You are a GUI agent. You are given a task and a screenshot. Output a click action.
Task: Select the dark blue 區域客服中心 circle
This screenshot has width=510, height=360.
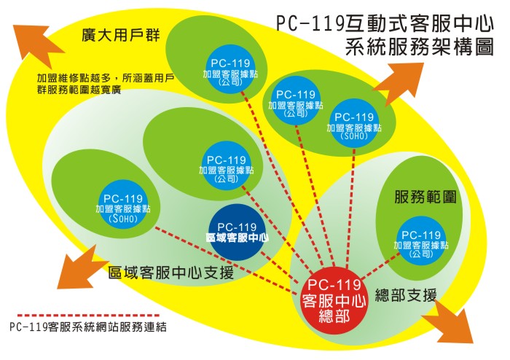coord(237,231)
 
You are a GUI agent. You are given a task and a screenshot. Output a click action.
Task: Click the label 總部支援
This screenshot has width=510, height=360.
coord(406,295)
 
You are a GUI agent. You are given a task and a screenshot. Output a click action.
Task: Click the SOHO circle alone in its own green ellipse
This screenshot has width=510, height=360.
coord(122,207)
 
